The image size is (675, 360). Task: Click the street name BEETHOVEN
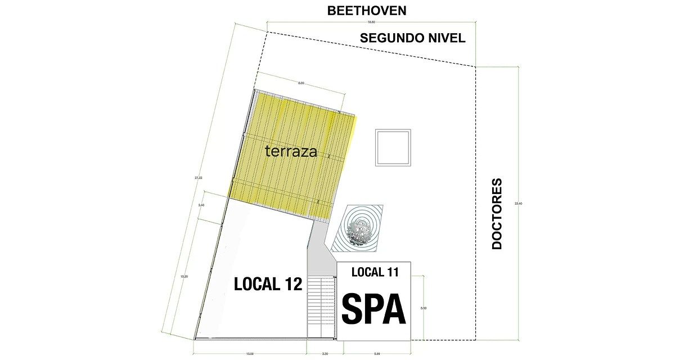coord(366,11)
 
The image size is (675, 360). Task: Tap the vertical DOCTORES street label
coord(497,214)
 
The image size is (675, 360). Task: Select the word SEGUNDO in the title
coord(391,38)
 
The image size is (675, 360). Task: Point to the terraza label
coord(291,151)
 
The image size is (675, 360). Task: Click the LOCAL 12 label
coord(268,284)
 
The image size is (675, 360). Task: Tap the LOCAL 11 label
coord(375,272)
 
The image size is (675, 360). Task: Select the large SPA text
coord(374,308)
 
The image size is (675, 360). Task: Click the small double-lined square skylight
coord(393,147)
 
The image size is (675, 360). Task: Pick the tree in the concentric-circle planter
coord(358,229)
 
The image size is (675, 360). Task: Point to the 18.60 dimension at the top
coord(371,22)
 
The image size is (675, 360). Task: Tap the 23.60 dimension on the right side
coord(519,203)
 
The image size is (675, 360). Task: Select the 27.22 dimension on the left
coord(198,178)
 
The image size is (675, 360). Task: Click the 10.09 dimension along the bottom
coord(250,354)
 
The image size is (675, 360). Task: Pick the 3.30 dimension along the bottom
coord(324,354)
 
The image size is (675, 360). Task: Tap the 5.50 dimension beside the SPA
coord(424,308)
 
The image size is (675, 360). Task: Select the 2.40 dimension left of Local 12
coord(201,205)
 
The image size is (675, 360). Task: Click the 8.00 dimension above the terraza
coord(301,83)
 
